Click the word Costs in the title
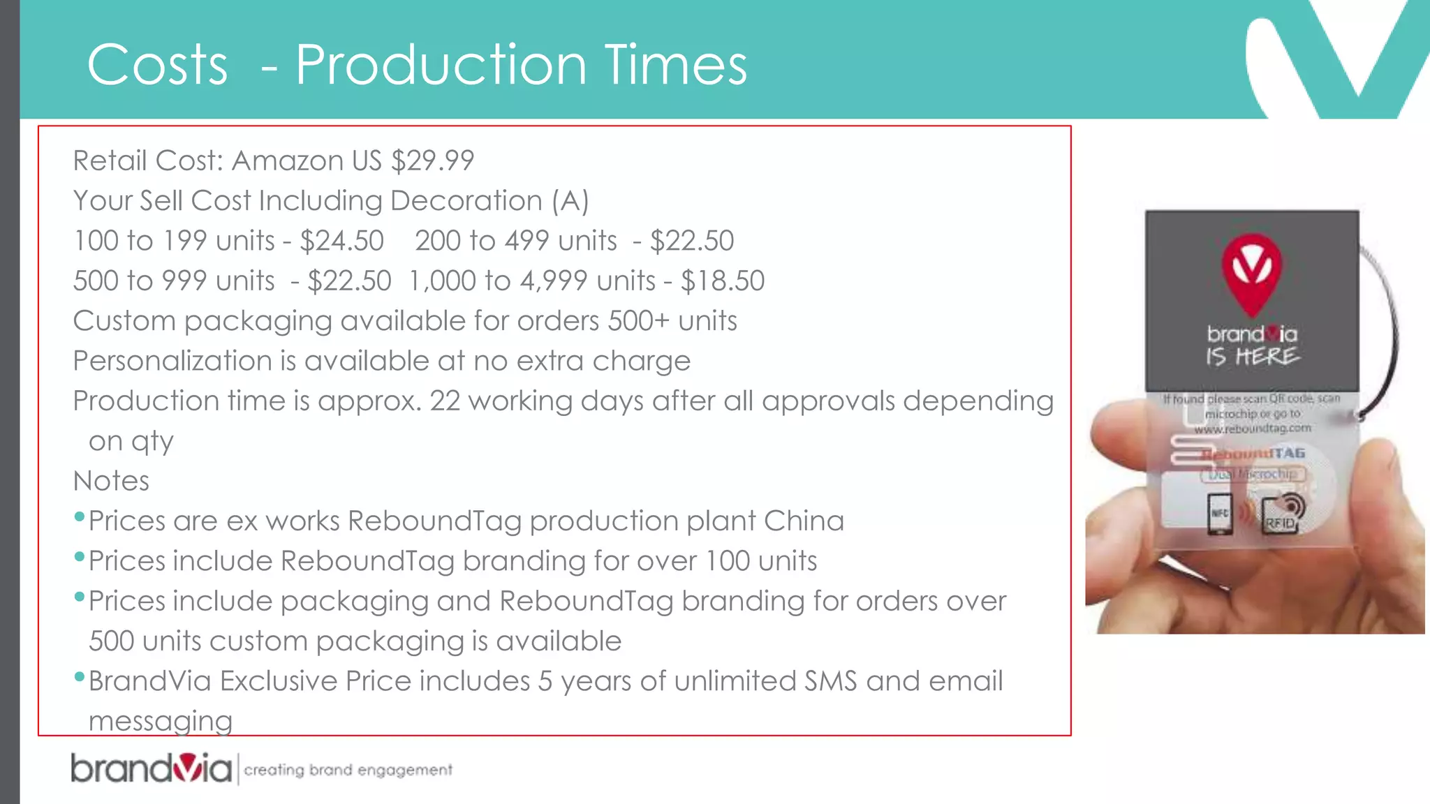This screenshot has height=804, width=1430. [157, 65]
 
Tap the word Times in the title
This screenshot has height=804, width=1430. [675, 65]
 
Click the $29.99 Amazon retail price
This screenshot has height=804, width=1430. [432, 161]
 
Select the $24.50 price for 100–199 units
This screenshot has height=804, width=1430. [341, 241]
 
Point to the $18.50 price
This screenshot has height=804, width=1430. [723, 281]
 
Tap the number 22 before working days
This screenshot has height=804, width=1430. [445, 401]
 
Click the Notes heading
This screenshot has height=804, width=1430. [111, 482]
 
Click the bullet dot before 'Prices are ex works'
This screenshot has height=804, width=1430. [79, 517]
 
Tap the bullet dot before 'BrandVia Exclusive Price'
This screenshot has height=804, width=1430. [79, 677]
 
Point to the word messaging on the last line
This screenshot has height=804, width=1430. [161, 722]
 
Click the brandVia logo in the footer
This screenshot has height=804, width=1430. [151, 768]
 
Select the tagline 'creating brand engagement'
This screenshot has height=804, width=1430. [348, 770]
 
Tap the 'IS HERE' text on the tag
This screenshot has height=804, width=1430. [1252, 357]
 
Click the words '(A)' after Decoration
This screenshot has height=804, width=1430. [570, 202]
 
